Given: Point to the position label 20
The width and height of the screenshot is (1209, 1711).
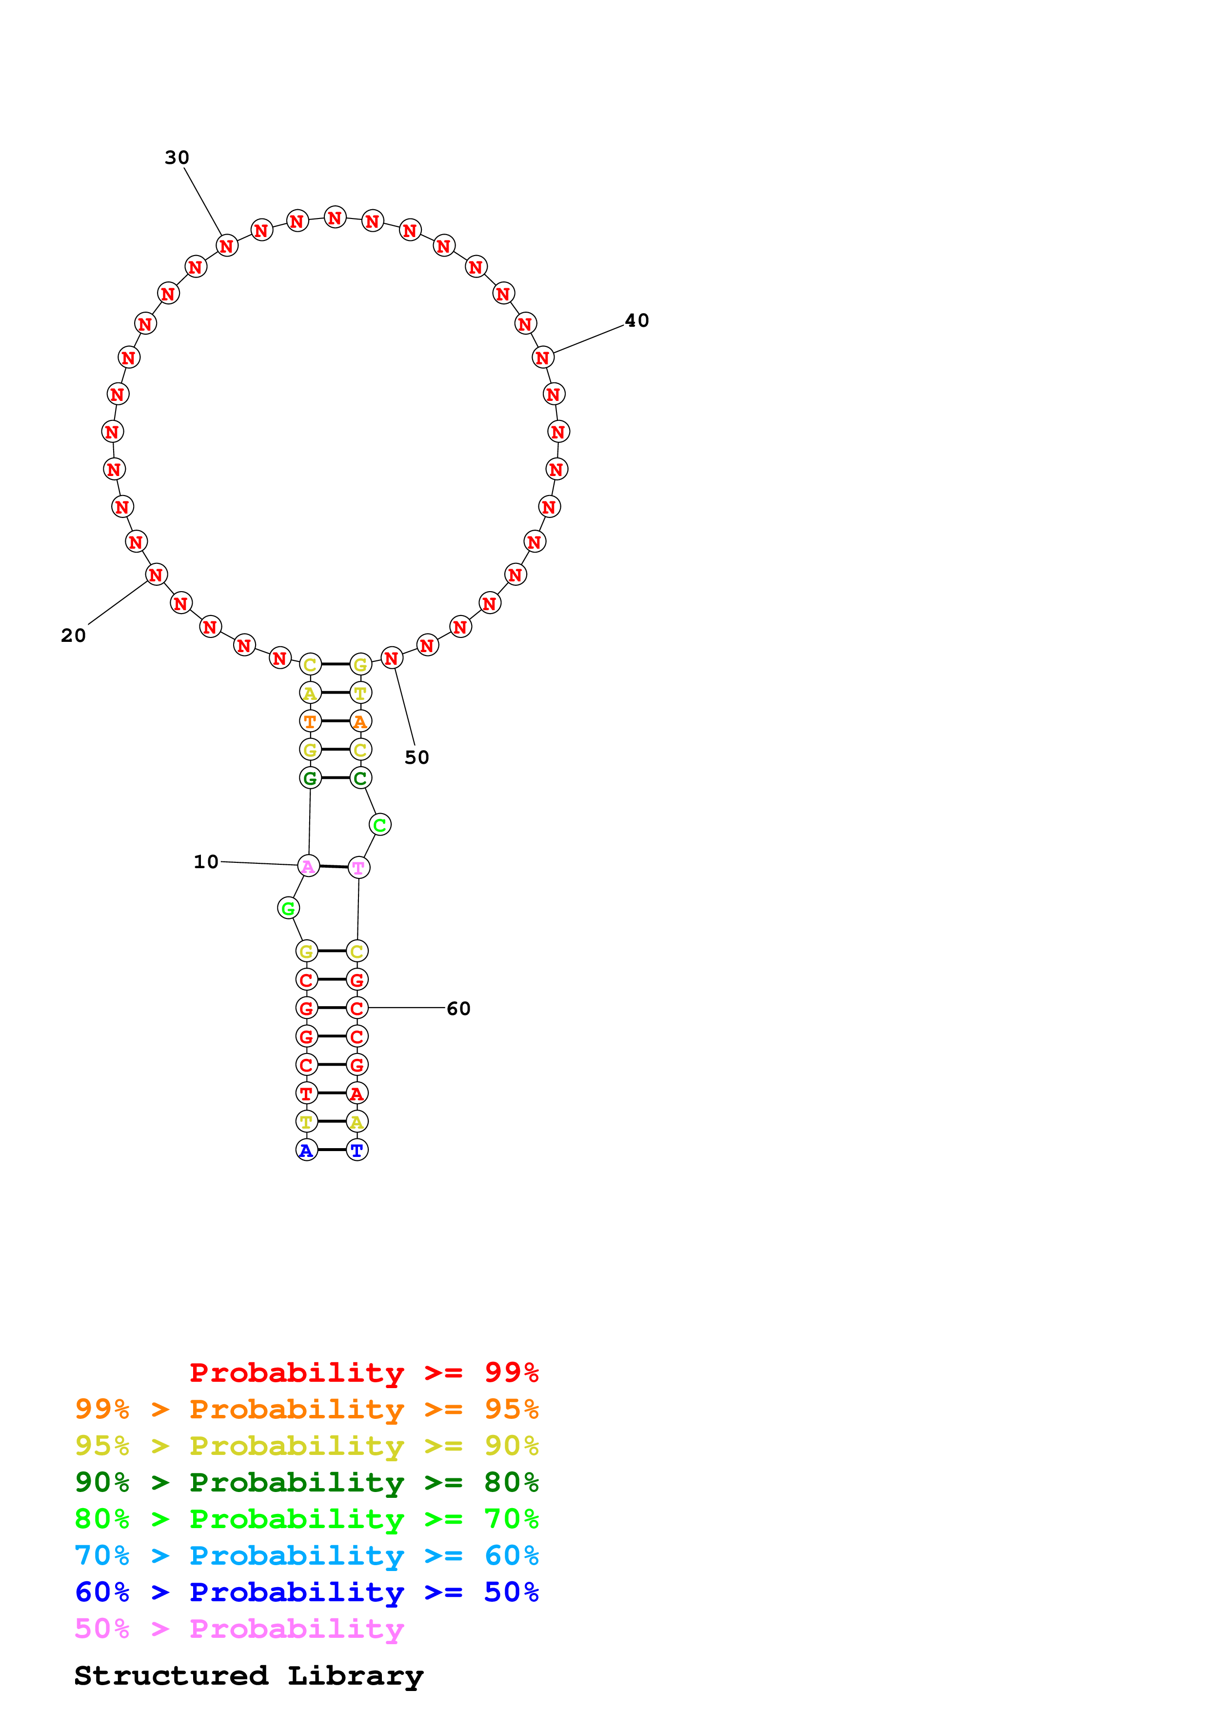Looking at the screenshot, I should click(73, 636).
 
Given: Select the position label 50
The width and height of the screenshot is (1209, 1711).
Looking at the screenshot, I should click(416, 757).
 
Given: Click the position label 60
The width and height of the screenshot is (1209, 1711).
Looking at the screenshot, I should click(458, 1008).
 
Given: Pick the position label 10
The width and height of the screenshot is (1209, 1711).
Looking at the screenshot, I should click(206, 861).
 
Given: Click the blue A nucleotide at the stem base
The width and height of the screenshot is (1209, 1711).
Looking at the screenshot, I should click(306, 1150).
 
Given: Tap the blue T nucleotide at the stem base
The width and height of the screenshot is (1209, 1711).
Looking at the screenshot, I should click(357, 1150).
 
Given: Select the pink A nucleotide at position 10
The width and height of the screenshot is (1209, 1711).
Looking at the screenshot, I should click(308, 866).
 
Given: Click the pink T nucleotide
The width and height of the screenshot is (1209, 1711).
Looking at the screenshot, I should click(358, 867).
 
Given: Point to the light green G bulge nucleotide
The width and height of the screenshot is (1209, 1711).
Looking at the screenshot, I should click(288, 908).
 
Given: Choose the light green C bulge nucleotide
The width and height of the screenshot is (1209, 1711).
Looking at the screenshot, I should click(380, 825).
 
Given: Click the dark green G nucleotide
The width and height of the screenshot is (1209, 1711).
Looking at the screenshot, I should click(310, 778).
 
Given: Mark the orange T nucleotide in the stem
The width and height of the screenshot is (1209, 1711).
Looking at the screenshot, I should click(310, 721).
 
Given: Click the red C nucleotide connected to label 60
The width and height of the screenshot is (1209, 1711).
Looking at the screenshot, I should click(357, 1008).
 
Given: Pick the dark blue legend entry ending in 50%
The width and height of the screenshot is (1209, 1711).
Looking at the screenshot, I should click(306, 1592).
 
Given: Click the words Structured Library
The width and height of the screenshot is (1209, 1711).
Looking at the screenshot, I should click(248, 1676).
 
